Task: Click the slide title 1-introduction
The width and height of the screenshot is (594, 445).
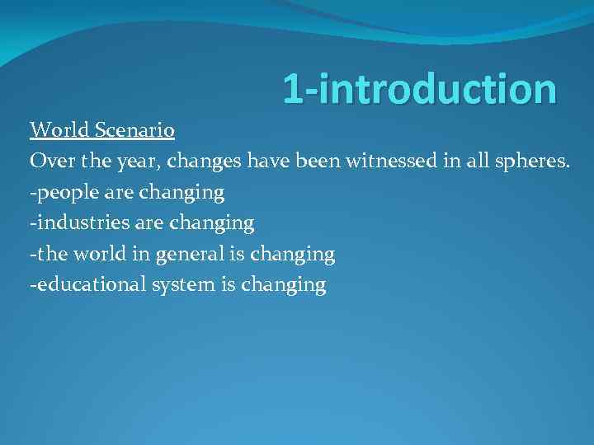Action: pos(419,89)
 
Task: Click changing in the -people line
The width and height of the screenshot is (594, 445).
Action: pos(182,193)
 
